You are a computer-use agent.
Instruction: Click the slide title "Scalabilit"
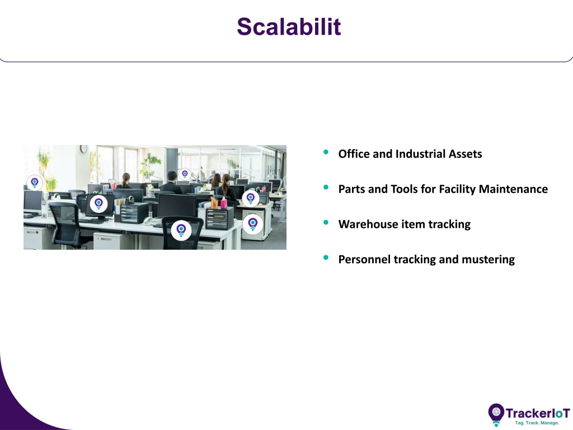point(289,27)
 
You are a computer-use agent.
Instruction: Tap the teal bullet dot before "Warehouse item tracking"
point(326,222)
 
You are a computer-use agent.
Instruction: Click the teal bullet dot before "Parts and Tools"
point(326,187)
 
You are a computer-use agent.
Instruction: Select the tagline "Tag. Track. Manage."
point(537,423)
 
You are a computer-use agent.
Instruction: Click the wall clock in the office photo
point(84,148)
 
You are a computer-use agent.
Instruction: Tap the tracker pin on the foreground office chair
point(181,230)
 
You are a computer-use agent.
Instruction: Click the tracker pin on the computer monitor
point(98,204)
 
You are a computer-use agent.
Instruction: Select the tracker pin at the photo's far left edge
point(35,183)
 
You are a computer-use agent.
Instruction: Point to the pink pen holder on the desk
point(224,203)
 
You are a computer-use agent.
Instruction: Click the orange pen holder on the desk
point(214,203)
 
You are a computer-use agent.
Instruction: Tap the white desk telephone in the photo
point(150,221)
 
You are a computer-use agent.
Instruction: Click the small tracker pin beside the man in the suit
point(185,174)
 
